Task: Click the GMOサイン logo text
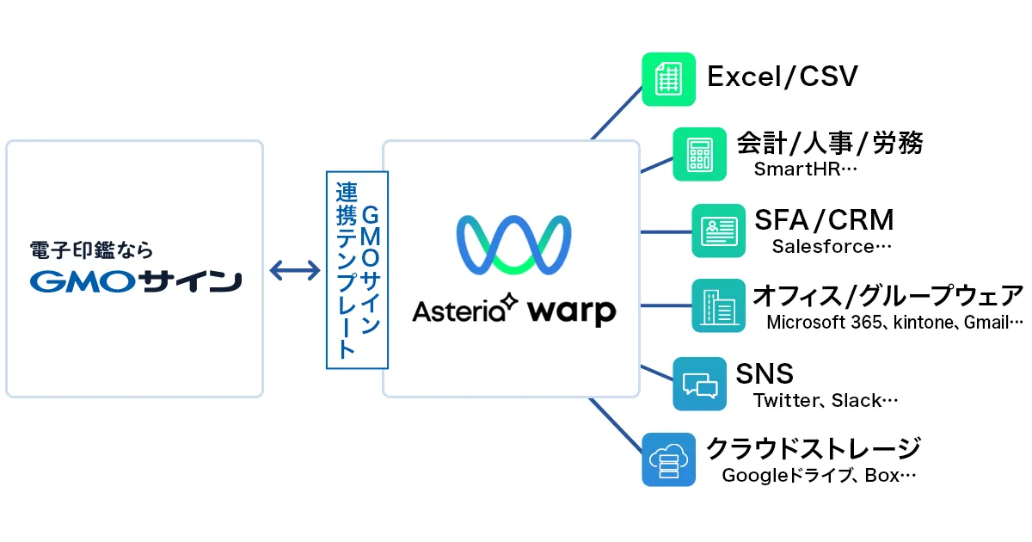point(134,281)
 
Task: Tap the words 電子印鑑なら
point(91,250)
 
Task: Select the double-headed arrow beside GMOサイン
point(294,272)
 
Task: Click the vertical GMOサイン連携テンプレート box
point(357,269)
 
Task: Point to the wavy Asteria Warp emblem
point(513,245)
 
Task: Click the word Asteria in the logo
point(461,310)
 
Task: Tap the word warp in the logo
point(572,311)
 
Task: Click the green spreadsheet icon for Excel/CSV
point(668,79)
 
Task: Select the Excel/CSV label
point(782,77)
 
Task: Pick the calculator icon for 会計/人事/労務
point(699,154)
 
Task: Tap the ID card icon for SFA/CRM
point(719,231)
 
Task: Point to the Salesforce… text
point(832,247)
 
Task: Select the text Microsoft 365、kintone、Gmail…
point(894,323)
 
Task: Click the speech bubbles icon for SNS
point(699,383)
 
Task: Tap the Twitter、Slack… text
point(826,400)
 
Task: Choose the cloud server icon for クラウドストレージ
point(668,459)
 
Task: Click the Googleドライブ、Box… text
point(819,475)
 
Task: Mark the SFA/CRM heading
point(824,219)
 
